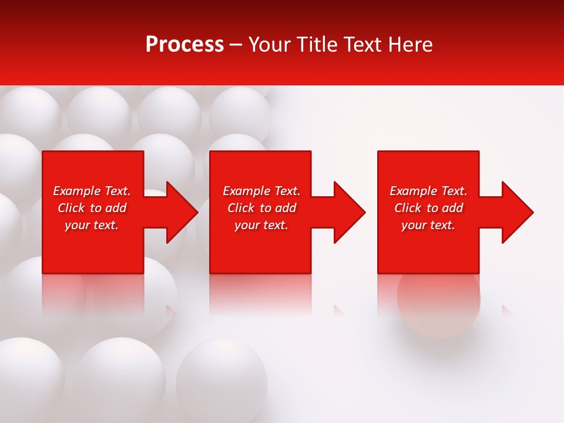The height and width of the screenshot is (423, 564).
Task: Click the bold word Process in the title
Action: pos(184,45)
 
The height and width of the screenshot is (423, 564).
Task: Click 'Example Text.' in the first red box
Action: pos(92,191)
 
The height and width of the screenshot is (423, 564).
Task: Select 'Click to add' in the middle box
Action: pos(261,208)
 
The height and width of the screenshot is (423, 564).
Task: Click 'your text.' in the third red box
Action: pos(428,225)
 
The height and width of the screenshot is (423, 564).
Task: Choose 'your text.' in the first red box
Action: pos(92,225)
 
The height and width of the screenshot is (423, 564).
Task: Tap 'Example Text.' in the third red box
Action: pos(428,191)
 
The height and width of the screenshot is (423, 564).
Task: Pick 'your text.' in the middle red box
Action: pos(261,225)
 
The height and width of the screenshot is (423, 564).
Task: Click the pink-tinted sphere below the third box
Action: pos(438,300)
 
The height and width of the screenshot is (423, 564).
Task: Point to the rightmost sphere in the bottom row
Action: pos(222,376)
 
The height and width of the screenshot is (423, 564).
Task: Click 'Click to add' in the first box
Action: pos(92,208)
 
